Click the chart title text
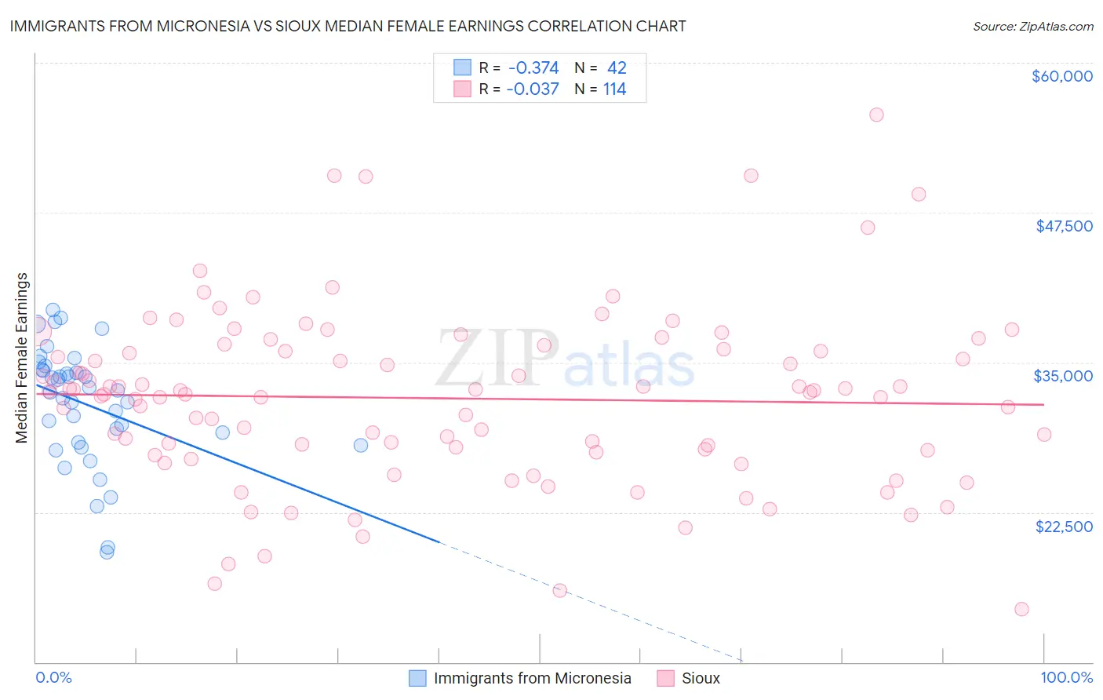[348, 27]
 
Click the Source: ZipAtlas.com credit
[1032, 27]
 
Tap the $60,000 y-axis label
[1061, 76]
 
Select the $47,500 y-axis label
[1064, 226]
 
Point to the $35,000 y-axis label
[1063, 376]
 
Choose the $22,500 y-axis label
[1064, 527]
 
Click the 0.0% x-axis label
[53, 677]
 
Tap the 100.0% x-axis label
[1066, 677]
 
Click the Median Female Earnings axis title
[22, 358]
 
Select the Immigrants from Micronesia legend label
[532, 678]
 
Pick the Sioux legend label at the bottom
[701, 678]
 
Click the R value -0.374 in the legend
[533, 68]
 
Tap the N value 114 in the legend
[614, 89]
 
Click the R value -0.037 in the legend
[533, 89]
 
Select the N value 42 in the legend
[617, 68]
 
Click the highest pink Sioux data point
[876, 115]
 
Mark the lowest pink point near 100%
[1021, 609]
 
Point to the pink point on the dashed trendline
[560, 590]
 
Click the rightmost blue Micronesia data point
[361, 445]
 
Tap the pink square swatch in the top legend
[462, 89]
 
